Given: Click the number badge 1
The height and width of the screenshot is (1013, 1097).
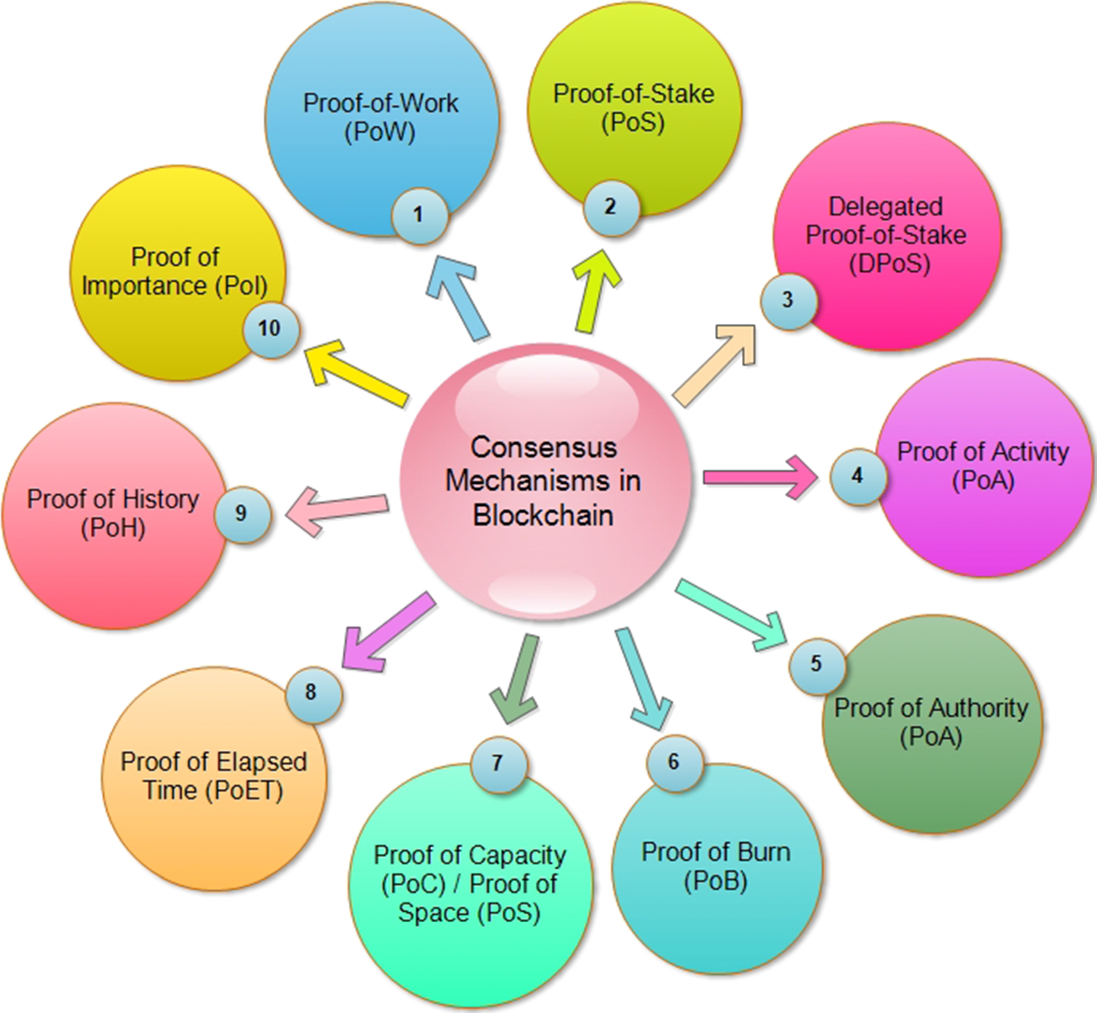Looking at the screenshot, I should click(418, 215).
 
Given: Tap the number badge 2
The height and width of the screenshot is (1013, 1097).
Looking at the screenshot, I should click(610, 206).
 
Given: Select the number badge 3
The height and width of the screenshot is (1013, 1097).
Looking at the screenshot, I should click(788, 300).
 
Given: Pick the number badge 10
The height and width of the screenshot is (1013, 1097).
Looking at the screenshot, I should click(269, 329).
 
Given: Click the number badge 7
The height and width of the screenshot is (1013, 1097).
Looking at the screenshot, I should click(497, 763).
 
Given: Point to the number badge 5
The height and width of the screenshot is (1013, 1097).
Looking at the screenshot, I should click(816, 664).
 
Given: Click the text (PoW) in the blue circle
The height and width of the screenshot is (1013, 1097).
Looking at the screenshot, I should click(379, 132).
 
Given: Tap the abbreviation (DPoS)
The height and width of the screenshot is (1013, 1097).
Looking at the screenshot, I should click(889, 264).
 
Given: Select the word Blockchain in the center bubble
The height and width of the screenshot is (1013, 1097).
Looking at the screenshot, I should click(543, 515).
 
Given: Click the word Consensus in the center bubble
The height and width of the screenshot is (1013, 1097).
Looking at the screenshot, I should click(543, 447).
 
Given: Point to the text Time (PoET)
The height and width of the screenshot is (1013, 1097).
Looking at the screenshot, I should click(213, 790).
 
